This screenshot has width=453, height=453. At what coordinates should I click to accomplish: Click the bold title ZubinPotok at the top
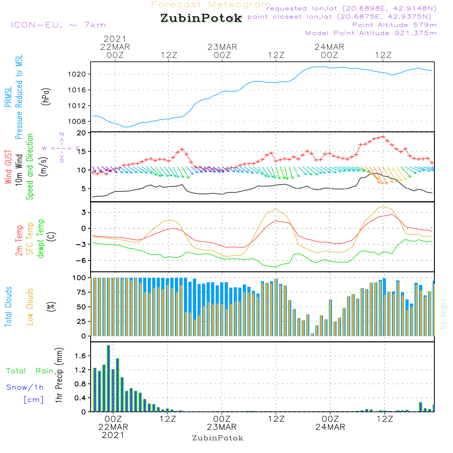(x=201, y=19)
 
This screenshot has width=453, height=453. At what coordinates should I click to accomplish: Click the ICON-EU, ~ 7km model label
(x=58, y=25)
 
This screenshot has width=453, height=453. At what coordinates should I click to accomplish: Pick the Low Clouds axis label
(x=30, y=299)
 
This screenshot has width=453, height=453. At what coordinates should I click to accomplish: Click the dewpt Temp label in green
(x=41, y=239)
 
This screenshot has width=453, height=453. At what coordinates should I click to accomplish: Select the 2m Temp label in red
(x=19, y=240)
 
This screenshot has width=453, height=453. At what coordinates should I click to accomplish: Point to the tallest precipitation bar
(x=108, y=378)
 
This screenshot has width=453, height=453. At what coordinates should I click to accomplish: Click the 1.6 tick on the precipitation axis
(x=81, y=356)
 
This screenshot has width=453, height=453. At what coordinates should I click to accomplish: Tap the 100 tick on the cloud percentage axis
(x=80, y=278)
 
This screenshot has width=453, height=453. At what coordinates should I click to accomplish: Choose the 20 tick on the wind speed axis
(x=82, y=133)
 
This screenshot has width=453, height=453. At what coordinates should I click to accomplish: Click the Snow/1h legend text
(x=25, y=387)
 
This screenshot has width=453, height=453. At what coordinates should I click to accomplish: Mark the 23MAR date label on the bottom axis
(x=222, y=427)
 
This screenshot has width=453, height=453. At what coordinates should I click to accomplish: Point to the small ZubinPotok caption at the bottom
(x=217, y=438)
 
